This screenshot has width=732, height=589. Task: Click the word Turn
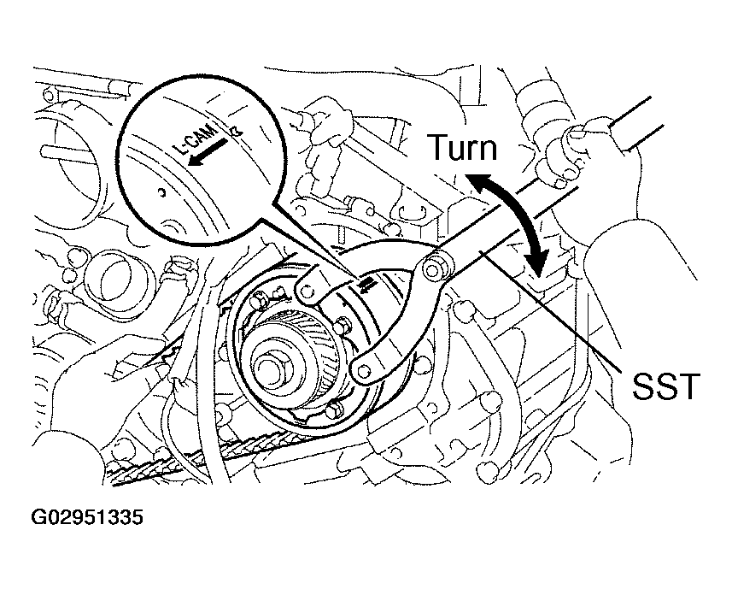[463, 147]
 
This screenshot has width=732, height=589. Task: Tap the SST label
[666, 386]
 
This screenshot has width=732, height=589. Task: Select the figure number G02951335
[87, 517]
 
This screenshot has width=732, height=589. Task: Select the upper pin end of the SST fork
[307, 291]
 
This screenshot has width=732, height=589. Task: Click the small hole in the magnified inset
[161, 191]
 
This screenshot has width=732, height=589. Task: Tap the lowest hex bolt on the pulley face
[335, 410]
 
